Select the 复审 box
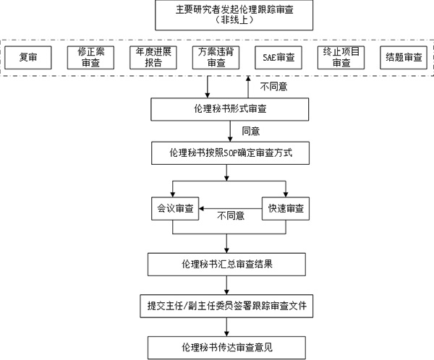(x=28, y=57)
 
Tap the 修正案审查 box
(x=92, y=57)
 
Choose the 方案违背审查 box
(x=211, y=57)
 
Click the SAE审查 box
(x=278, y=57)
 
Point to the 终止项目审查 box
(x=340, y=57)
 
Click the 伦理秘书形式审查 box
(x=227, y=109)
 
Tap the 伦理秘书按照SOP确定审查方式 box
(x=227, y=153)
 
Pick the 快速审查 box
(x=285, y=209)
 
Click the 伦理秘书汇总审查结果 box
(x=227, y=263)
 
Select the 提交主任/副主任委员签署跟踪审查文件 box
(x=227, y=305)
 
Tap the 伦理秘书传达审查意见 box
(x=227, y=346)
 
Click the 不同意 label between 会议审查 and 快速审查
(x=231, y=216)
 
